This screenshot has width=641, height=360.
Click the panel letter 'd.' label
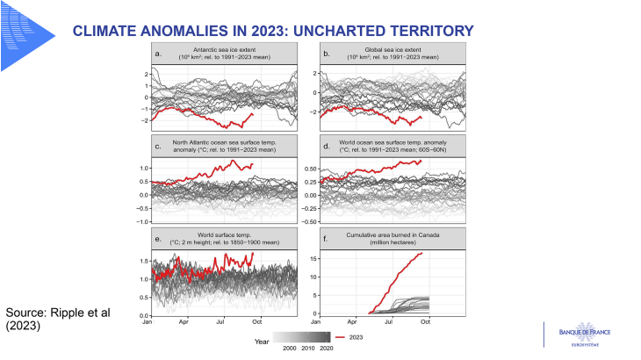click(328, 145)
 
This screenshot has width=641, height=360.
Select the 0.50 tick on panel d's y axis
click(309, 167)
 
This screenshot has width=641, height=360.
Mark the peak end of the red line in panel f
click(422, 253)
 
